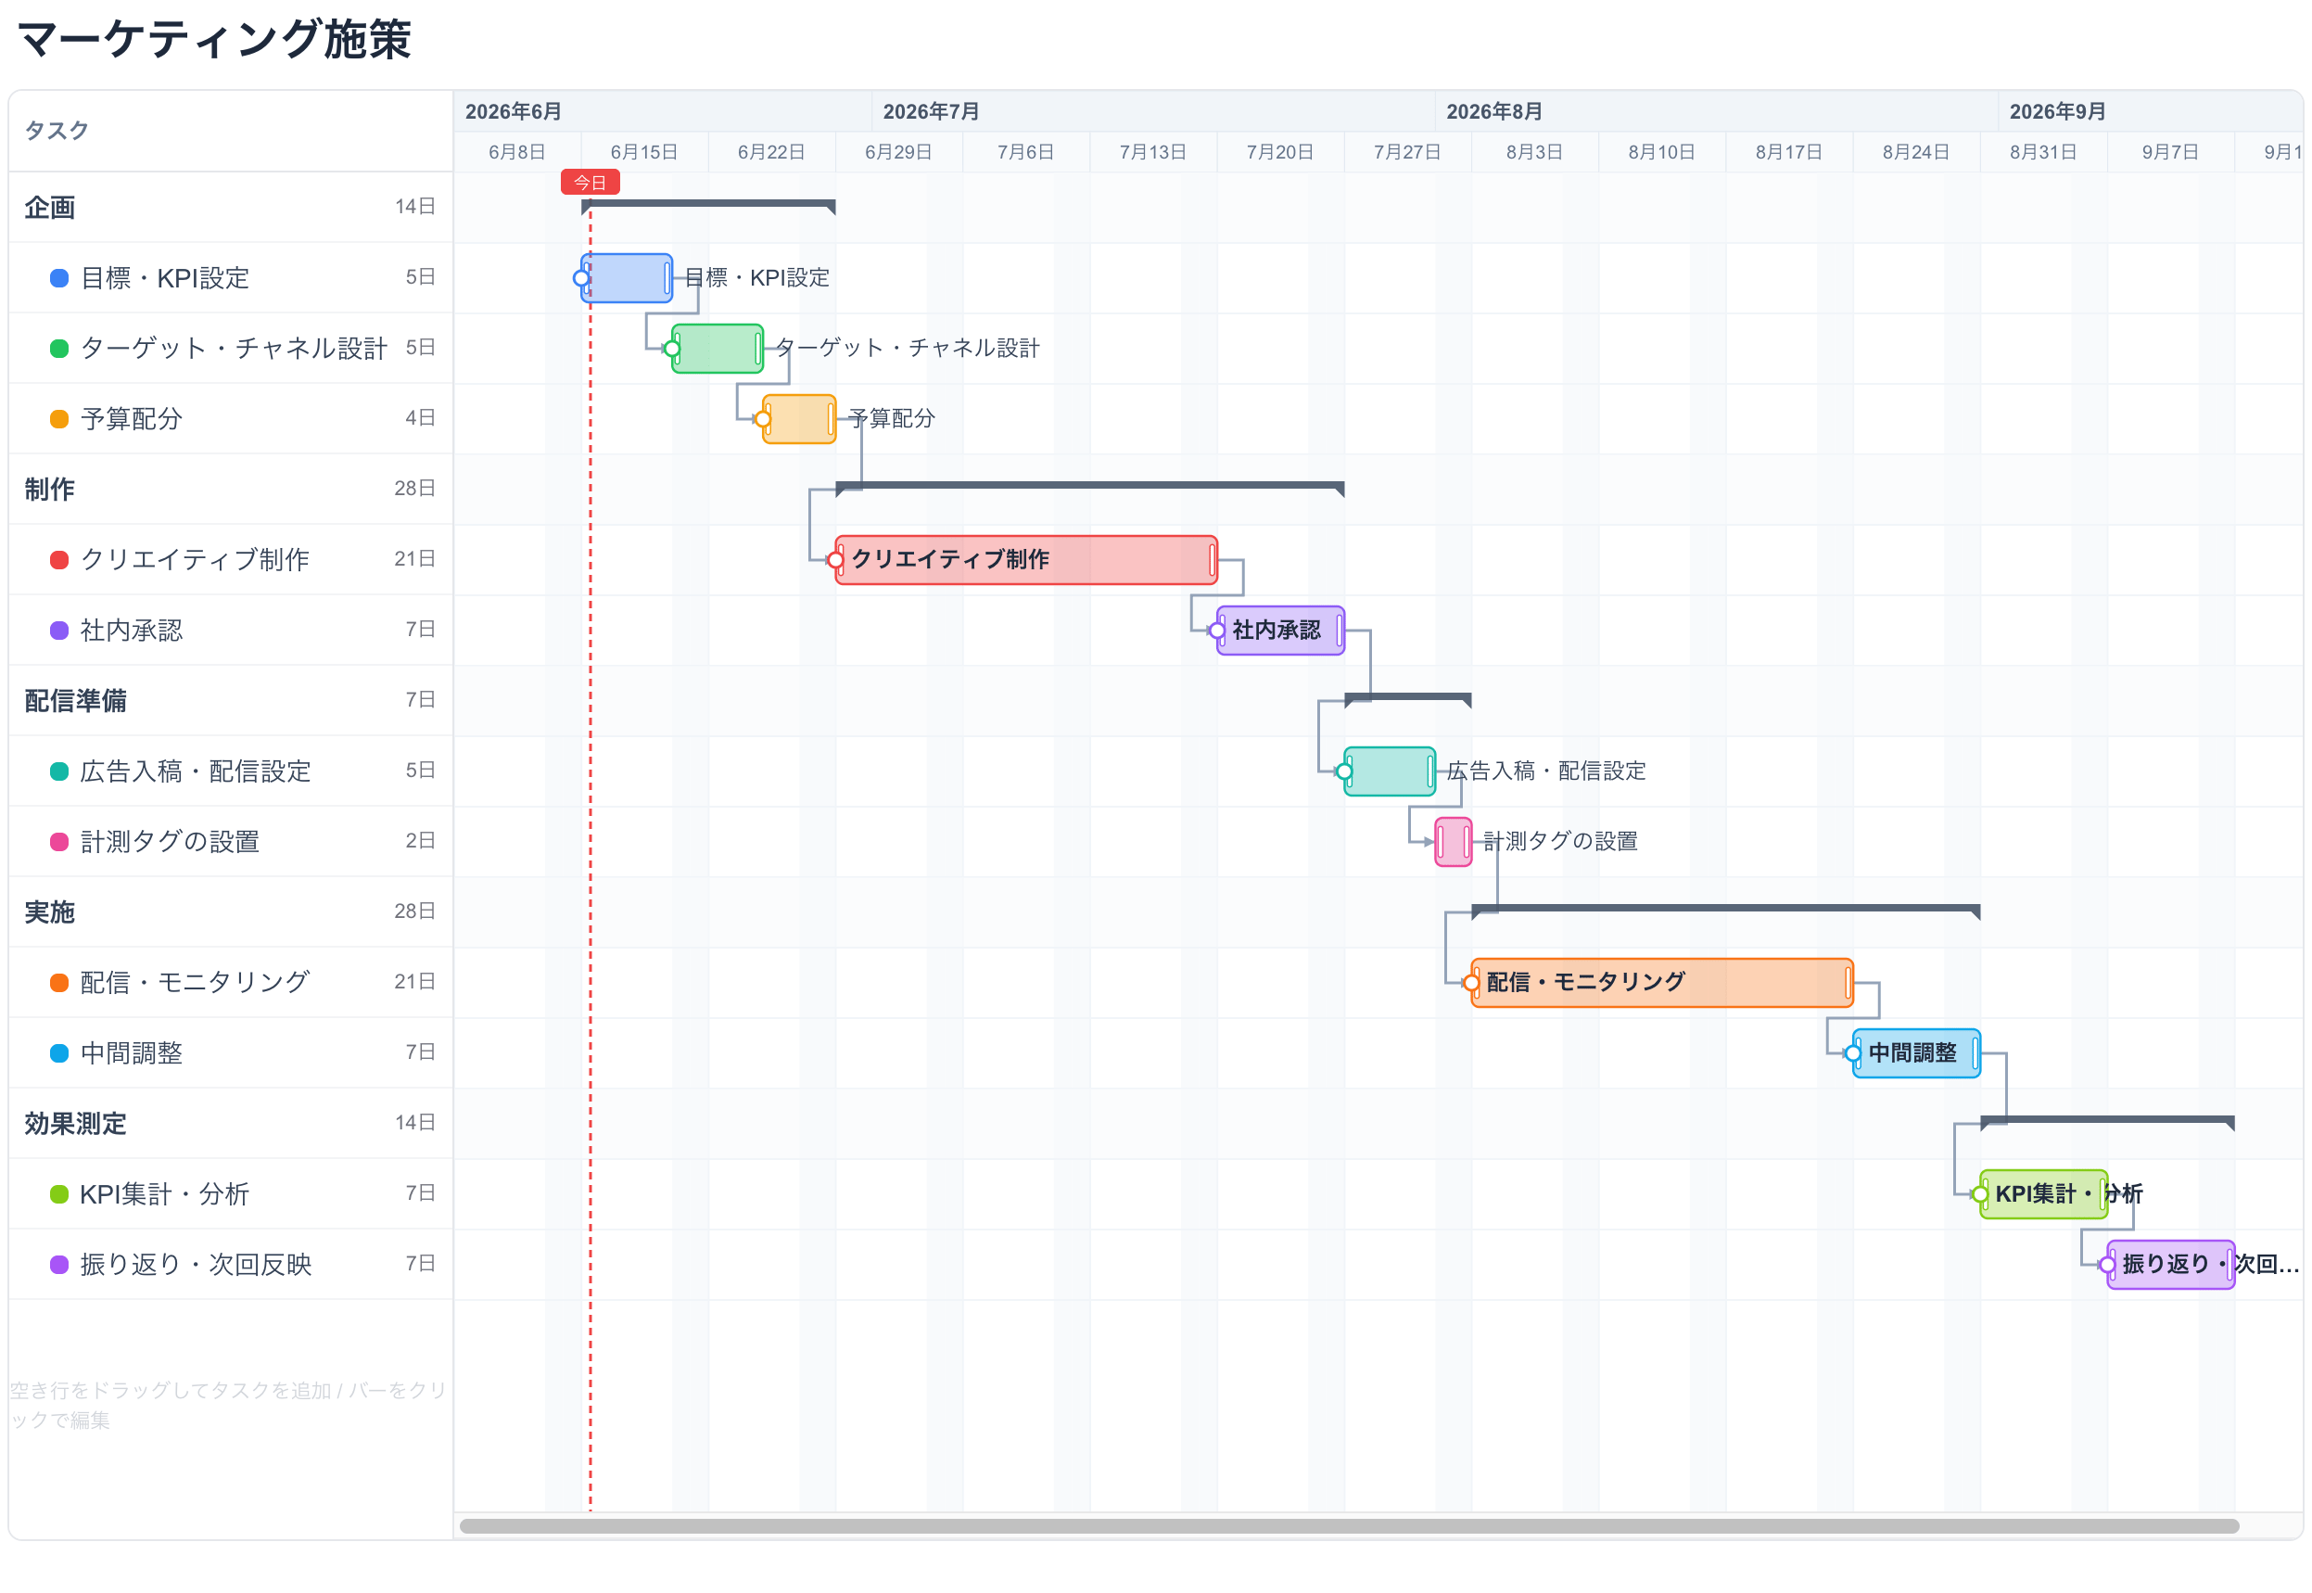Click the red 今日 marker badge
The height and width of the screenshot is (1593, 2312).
(x=590, y=183)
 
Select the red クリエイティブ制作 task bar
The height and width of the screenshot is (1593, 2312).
(x=1026, y=560)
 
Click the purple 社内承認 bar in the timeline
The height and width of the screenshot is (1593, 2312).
(x=1280, y=631)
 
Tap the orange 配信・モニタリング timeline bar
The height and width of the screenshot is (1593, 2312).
(x=1661, y=983)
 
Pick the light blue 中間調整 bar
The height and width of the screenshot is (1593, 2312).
(x=1916, y=1053)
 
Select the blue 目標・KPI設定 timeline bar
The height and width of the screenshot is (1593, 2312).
(x=627, y=278)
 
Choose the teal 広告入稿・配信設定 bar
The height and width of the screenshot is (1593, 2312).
(x=1390, y=771)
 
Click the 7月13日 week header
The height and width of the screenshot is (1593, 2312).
(x=1152, y=152)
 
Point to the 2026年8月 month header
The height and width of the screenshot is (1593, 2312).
(x=1493, y=110)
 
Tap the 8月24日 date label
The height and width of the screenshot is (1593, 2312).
(x=1916, y=152)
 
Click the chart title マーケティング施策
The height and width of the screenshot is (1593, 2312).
(x=214, y=40)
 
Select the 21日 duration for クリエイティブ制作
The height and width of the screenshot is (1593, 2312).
(x=414, y=559)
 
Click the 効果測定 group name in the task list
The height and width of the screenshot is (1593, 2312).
(x=76, y=1124)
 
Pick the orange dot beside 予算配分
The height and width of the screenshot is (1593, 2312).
(x=59, y=419)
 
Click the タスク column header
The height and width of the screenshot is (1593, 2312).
(x=57, y=131)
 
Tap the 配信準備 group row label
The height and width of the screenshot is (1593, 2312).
(x=76, y=701)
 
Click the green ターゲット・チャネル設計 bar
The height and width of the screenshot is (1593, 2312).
(x=718, y=350)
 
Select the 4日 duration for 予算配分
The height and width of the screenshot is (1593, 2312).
(x=420, y=418)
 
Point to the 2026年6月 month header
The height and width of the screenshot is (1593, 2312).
(x=513, y=110)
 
